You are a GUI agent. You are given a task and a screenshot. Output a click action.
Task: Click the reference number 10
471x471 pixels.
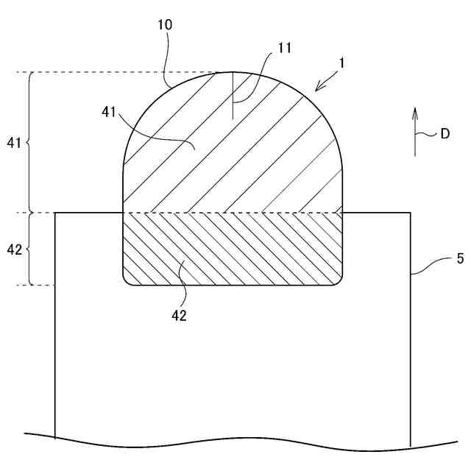[165, 24]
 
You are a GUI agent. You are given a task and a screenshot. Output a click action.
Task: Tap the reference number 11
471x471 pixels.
[285, 48]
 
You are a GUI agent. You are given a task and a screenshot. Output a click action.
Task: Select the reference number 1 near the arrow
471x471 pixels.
[341, 64]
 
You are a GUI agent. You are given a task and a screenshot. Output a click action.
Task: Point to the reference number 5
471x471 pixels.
[460, 258]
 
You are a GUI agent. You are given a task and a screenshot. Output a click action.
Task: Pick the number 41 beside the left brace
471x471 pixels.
[13, 142]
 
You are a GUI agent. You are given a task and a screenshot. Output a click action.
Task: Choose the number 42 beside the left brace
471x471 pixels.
[13, 249]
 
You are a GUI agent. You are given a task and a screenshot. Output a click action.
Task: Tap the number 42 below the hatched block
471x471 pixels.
[180, 316]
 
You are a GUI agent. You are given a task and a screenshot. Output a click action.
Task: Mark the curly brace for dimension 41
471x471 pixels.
[29, 142]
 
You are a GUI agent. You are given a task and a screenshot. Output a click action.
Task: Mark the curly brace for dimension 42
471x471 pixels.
[29, 249]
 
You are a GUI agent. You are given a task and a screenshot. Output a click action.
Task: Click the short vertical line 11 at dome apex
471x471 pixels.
[233, 96]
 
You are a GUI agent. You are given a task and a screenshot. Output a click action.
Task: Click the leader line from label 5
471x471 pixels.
[431, 264]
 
